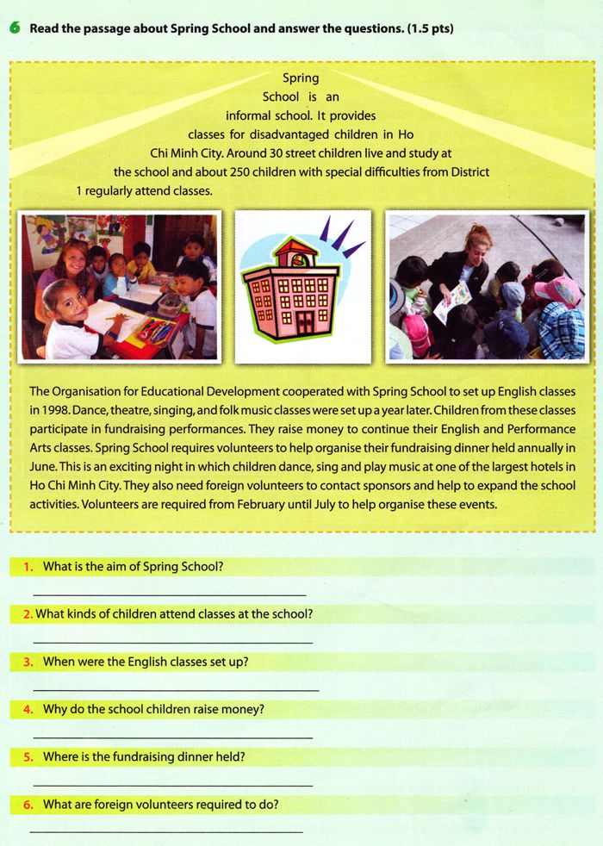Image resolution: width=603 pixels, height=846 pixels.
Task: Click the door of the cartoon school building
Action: click(305, 322)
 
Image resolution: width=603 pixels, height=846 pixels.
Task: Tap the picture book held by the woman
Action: click(453, 301)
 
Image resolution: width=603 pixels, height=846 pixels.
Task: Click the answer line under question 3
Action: click(176, 690)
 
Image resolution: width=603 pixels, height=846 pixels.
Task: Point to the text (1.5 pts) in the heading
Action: click(431, 28)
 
